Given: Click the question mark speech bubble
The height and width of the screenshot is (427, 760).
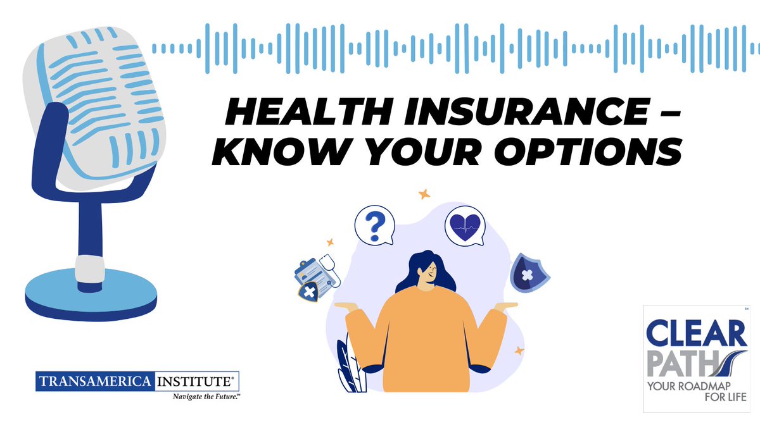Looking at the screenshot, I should point(374,225).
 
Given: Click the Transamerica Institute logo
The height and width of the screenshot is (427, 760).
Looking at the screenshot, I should point(137,382).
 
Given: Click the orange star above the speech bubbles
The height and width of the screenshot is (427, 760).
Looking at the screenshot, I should point(424,195).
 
